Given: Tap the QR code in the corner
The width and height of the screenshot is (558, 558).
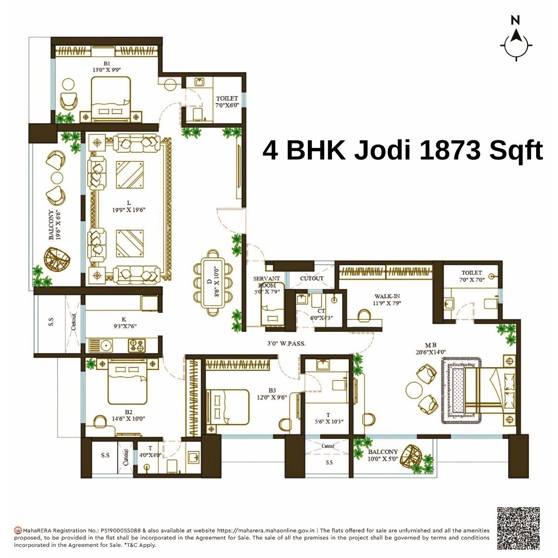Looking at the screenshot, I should click(x=518, y=528).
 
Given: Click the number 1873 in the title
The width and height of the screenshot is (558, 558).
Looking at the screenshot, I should click(x=449, y=150).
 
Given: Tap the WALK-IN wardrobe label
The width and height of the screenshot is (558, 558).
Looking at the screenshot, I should click(x=387, y=299).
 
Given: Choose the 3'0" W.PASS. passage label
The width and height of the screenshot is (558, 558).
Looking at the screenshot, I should click(x=286, y=344).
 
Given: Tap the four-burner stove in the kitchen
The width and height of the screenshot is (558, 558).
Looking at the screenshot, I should click(x=136, y=345).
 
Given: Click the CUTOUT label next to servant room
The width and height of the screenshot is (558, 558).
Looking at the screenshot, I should click(x=312, y=279).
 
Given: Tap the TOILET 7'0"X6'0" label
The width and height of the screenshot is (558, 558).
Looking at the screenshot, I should click(x=227, y=102).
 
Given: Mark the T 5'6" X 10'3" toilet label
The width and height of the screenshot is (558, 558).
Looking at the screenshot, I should click(x=328, y=418).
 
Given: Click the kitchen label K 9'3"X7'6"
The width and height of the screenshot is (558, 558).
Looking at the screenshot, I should click(x=123, y=323).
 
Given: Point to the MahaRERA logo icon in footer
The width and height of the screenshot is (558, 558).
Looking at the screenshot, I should click(x=18, y=530).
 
